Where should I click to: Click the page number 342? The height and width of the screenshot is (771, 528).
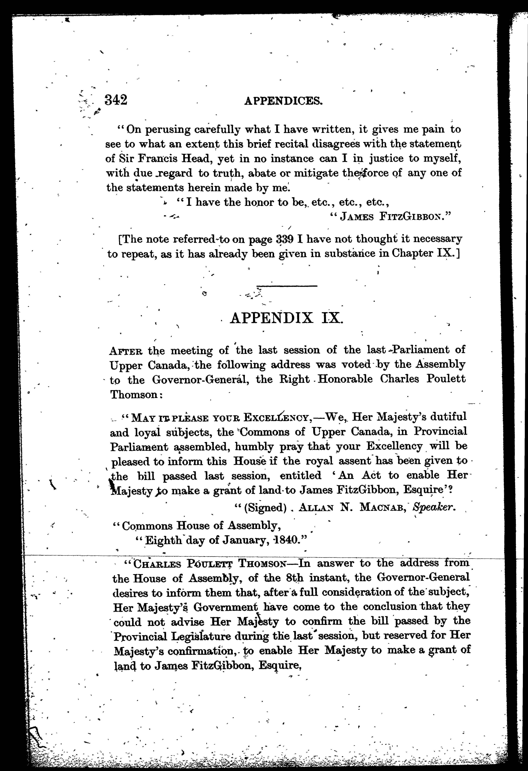116,100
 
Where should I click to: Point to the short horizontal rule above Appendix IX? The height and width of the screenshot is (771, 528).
287,286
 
